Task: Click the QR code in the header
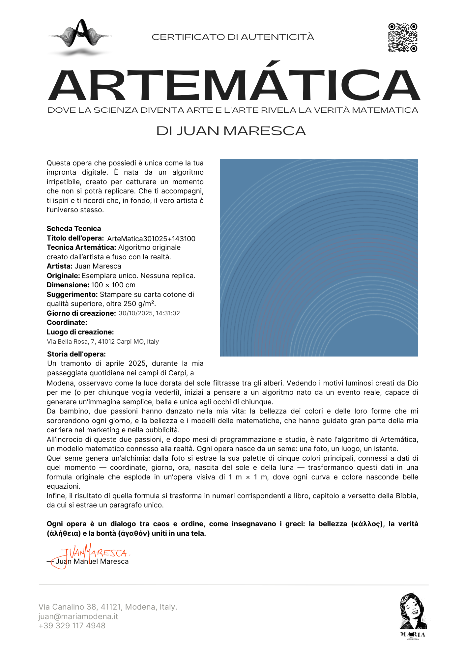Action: (x=402, y=38)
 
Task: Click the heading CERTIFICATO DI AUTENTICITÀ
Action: (x=233, y=37)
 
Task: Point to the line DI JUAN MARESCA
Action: (x=231, y=131)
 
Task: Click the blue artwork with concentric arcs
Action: (x=319, y=257)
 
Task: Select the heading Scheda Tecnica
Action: (x=74, y=229)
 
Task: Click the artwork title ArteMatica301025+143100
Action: (x=151, y=239)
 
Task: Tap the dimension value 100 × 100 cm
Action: (x=113, y=285)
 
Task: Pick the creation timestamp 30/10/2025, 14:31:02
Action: (x=149, y=313)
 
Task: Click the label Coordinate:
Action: (x=67, y=323)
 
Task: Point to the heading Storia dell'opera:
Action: (x=76, y=354)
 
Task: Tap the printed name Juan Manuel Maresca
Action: (x=92, y=561)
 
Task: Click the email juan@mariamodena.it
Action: (x=78, y=616)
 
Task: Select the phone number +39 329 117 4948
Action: (x=72, y=626)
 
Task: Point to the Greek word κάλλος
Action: (x=367, y=524)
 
